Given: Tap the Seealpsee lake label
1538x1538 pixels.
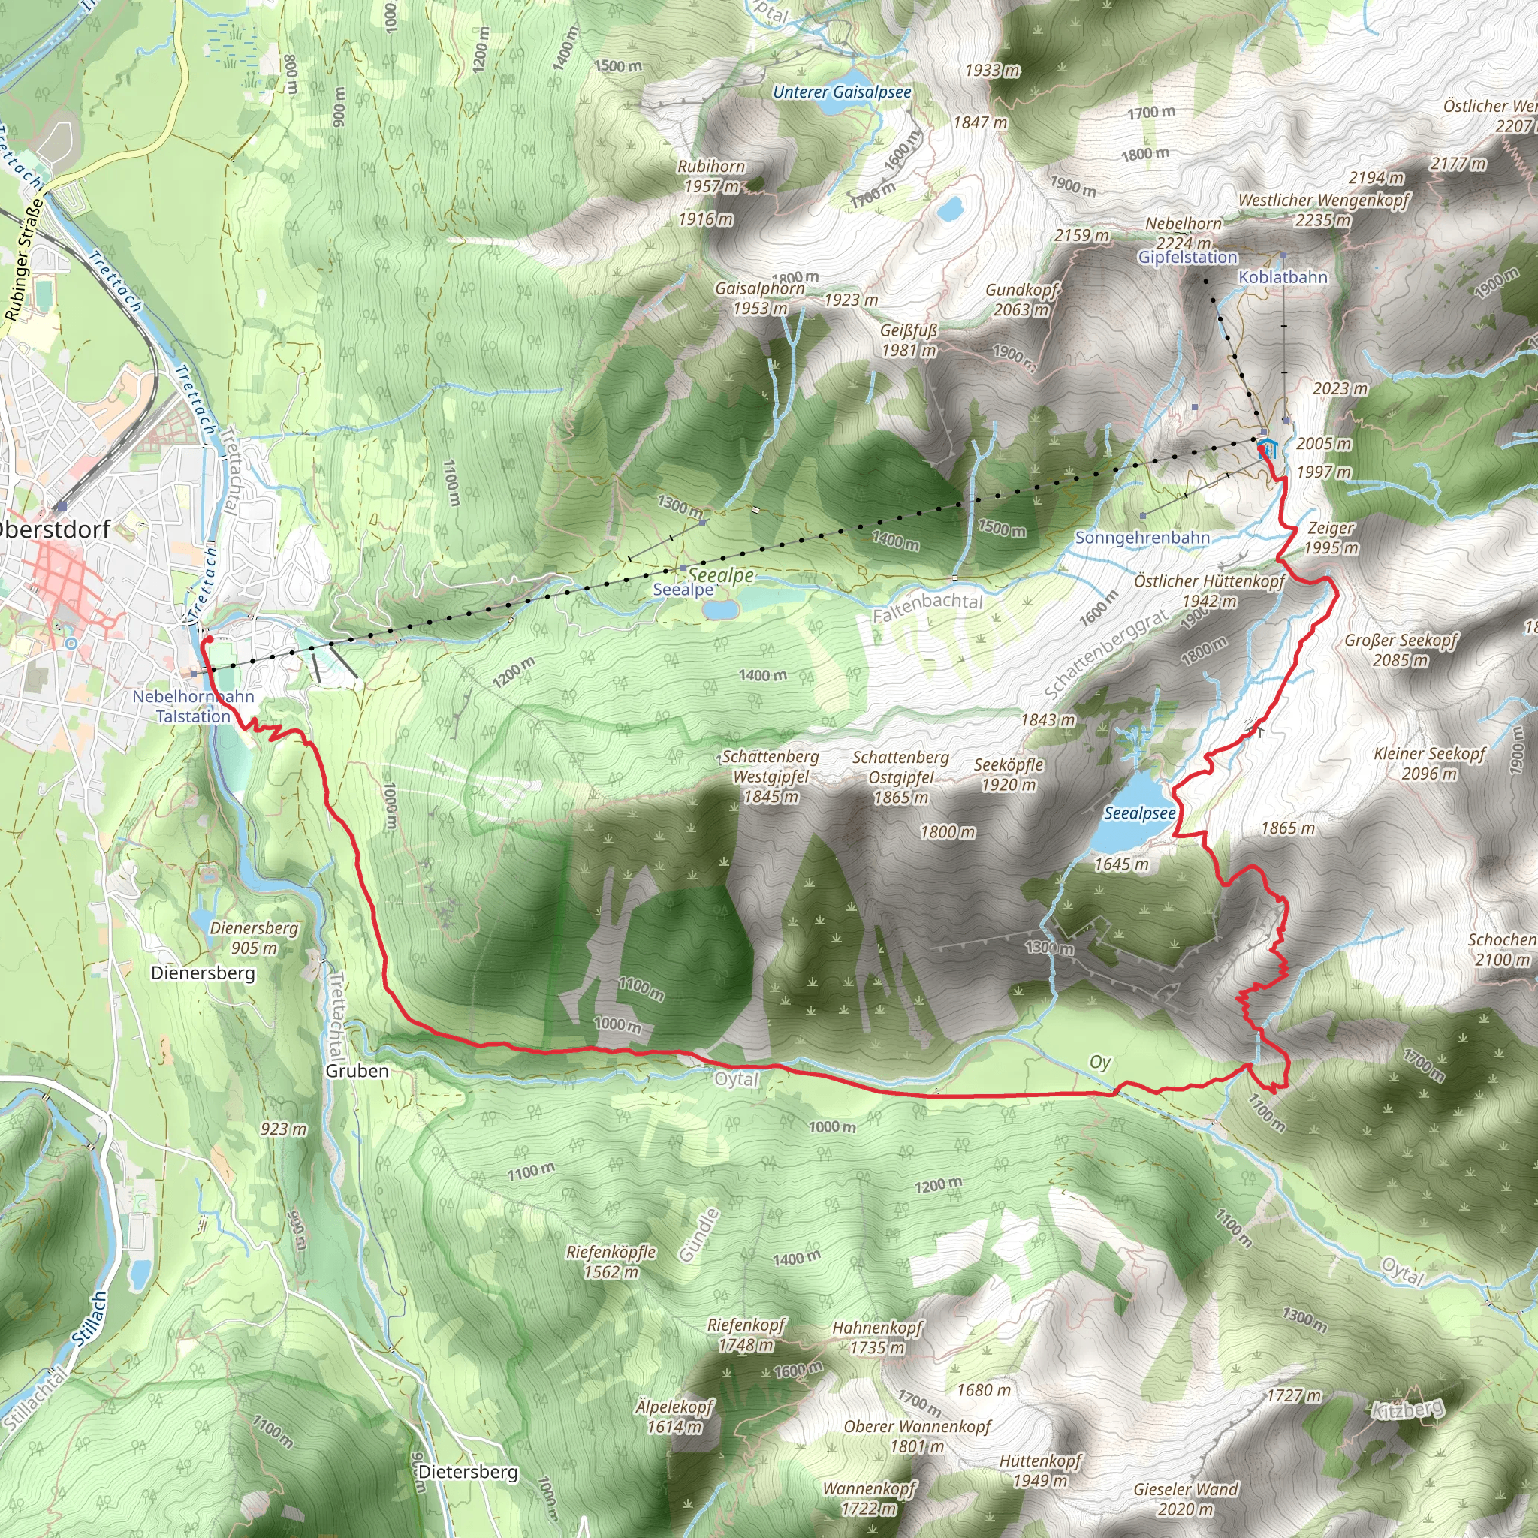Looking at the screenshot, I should click(1139, 813).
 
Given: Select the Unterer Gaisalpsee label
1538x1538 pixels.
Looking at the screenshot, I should click(843, 92).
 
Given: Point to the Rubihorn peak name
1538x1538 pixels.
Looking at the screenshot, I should click(711, 167).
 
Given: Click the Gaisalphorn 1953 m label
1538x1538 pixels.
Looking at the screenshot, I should click(759, 297).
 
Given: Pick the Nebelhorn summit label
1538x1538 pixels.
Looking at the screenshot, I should click(1183, 224).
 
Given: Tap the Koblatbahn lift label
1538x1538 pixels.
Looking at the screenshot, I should click(1283, 277).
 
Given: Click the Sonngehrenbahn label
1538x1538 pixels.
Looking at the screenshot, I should click(1141, 538).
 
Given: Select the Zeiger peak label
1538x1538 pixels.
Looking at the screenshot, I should click(1330, 529).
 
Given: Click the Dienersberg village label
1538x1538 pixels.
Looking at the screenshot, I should click(203, 973).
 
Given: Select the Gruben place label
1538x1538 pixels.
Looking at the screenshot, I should click(357, 1071).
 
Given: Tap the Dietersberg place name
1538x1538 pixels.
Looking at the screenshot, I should click(467, 1472).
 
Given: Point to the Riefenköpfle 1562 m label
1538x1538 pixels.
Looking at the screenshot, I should click(611, 1261).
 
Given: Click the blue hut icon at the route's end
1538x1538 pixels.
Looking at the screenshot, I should click(1268, 447).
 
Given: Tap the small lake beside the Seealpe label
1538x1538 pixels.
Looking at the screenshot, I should click(720, 610).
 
